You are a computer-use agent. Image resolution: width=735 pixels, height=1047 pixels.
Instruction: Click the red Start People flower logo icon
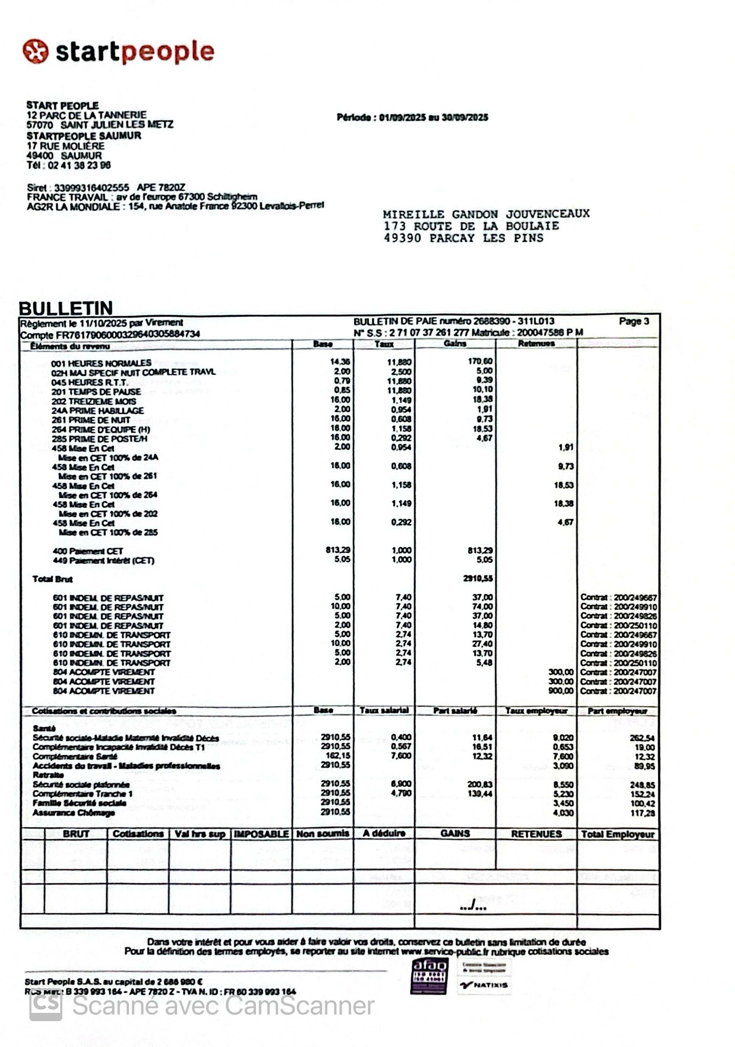(x=35, y=51)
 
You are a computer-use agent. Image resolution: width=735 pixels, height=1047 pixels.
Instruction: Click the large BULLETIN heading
(x=66, y=308)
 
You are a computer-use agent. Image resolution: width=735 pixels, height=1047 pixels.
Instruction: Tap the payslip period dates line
(x=412, y=117)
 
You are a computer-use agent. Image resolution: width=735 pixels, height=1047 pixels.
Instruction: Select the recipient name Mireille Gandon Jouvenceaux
(x=486, y=214)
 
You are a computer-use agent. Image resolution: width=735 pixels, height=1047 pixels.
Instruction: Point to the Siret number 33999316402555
(x=91, y=187)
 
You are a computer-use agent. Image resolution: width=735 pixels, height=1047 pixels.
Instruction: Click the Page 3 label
(x=634, y=321)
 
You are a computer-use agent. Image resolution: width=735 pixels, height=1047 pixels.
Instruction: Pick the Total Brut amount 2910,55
(x=478, y=578)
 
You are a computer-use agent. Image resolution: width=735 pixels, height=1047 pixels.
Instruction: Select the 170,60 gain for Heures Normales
(x=480, y=361)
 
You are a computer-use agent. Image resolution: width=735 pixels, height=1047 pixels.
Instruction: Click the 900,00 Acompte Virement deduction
(x=561, y=690)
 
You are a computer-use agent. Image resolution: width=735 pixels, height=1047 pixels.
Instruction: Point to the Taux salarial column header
(x=384, y=710)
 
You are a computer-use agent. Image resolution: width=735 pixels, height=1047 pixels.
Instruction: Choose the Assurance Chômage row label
(x=73, y=812)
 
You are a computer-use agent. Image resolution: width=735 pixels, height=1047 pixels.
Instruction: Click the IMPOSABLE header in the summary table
(x=261, y=834)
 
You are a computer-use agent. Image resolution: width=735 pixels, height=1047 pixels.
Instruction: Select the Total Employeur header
(x=617, y=834)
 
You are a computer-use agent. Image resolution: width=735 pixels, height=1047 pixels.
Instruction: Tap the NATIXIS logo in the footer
(x=484, y=985)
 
